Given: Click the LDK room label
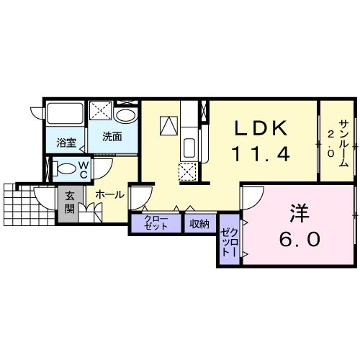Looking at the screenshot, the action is click(x=261, y=128).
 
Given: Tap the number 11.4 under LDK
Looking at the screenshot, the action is click(x=261, y=154).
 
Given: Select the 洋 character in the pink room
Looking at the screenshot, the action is click(x=300, y=213).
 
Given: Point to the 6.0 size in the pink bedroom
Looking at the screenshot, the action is click(x=300, y=239).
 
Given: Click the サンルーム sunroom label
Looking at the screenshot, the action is click(x=344, y=143).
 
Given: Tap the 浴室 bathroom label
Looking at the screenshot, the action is click(x=66, y=143).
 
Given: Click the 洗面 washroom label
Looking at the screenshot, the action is click(x=112, y=137).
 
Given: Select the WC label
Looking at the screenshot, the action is click(x=84, y=170).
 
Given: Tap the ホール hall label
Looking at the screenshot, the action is click(x=109, y=194).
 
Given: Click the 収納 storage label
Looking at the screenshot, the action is click(x=199, y=224).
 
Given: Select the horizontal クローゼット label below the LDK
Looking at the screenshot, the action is click(x=156, y=223).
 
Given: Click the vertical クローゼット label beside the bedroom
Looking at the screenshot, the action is click(x=230, y=243).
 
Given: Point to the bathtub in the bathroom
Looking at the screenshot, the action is click(x=65, y=113).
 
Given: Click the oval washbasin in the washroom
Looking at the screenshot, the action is click(x=125, y=116).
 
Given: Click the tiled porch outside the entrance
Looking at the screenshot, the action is click(x=29, y=205).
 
